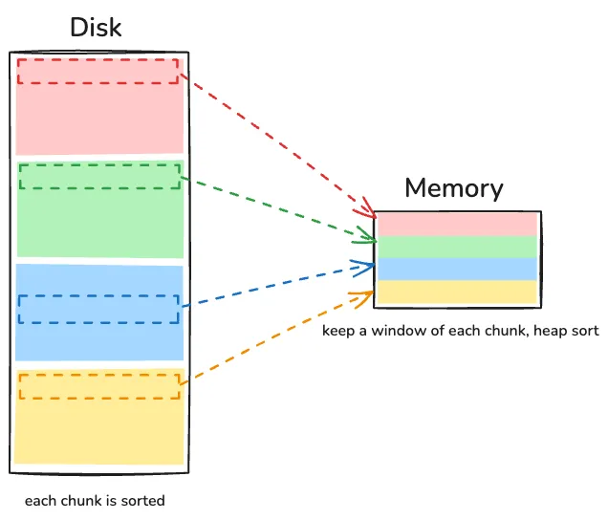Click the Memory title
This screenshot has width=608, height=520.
tap(453, 187)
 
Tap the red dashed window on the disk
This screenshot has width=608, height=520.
tap(98, 72)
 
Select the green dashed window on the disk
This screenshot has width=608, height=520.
tap(99, 176)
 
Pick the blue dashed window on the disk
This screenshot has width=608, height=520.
tap(98, 308)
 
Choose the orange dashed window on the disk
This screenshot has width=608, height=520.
tap(99, 385)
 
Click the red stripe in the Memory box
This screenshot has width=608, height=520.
tap(457, 224)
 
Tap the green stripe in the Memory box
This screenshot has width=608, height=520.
tap(457, 247)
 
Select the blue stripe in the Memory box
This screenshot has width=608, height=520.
tap(457, 269)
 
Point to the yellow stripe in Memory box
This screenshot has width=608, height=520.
tap(457, 292)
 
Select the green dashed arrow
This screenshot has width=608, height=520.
tap(277, 205)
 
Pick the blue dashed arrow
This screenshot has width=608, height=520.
tap(277, 285)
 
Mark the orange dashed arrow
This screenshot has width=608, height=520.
tap(277, 336)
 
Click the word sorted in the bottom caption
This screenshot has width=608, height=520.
tap(144, 500)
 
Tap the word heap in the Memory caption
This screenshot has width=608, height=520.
tap(545, 332)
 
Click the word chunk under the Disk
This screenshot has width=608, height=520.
tap(78, 500)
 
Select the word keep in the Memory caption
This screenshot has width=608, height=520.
tap(337, 332)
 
